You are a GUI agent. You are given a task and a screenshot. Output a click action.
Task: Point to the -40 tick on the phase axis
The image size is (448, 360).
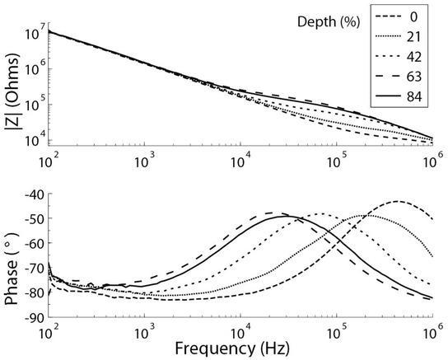(35, 195)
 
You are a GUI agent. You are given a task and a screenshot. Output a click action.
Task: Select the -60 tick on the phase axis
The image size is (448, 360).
(35, 244)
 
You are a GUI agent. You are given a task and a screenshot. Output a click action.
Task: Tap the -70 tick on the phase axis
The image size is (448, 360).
(35, 269)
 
